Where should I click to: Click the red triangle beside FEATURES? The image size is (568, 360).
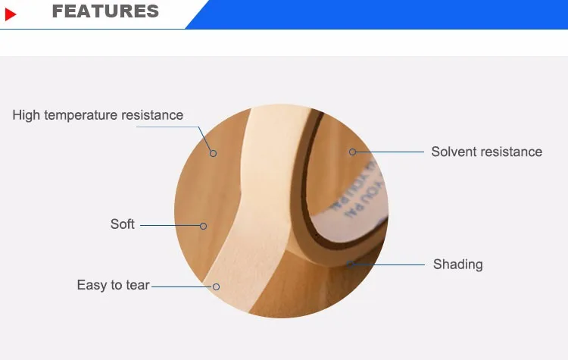click(11, 14)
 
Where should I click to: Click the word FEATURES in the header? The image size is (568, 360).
click(105, 11)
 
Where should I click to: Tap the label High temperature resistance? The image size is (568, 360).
click(98, 115)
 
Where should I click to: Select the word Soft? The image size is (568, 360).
click(123, 224)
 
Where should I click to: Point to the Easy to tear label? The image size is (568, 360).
click(113, 286)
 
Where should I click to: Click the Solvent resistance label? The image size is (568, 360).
click(486, 152)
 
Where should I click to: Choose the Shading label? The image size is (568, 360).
click(457, 265)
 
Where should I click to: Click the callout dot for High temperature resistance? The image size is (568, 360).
click(214, 153)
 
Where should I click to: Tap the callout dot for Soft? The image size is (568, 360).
click(203, 225)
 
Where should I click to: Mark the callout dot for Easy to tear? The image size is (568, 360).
click(216, 286)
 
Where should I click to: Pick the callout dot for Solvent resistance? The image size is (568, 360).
click(352, 152)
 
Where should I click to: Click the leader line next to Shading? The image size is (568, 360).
click(394, 265)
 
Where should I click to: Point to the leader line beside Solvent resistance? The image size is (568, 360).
click(390, 152)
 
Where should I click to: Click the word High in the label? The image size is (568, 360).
click(27, 115)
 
